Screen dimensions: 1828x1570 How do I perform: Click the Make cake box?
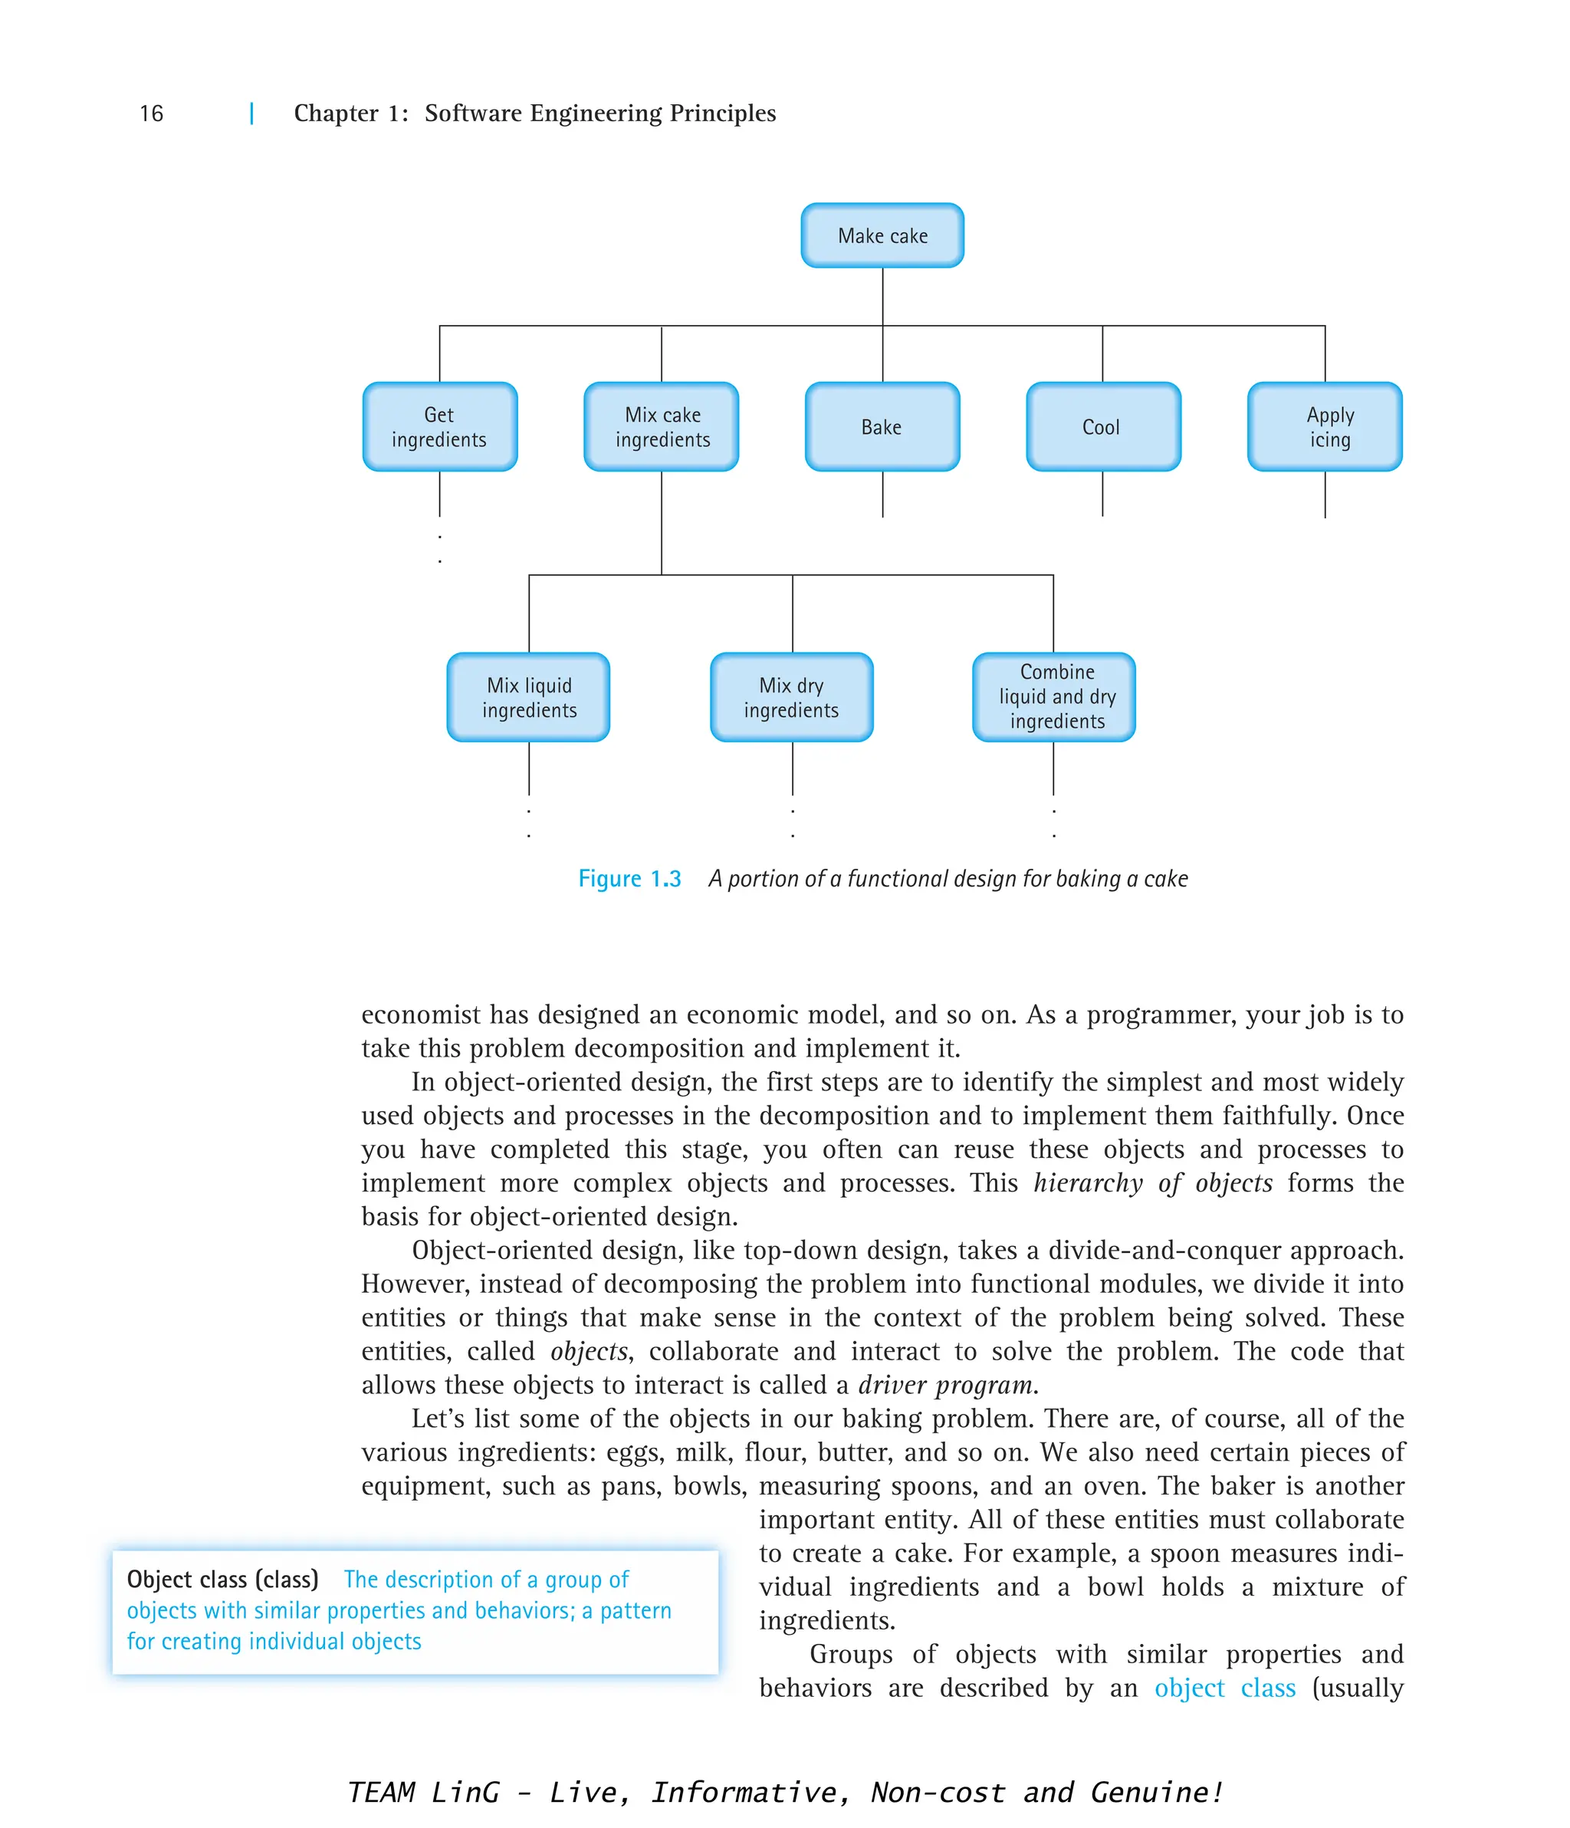(x=882, y=235)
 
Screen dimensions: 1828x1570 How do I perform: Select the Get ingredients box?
(x=439, y=427)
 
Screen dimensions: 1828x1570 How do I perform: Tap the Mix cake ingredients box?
(x=662, y=427)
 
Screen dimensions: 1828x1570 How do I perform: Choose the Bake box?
(x=882, y=427)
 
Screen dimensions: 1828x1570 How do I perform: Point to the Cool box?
(x=1102, y=427)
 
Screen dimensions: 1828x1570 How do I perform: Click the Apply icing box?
(x=1325, y=427)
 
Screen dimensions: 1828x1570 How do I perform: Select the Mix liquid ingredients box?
(x=528, y=697)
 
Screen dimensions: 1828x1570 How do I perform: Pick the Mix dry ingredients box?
(x=791, y=697)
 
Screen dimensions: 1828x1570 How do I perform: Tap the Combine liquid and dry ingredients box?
(x=1053, y=697)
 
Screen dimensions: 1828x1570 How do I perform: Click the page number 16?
(x=152, y=113)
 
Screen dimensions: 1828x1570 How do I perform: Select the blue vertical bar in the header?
(x=252, y=113)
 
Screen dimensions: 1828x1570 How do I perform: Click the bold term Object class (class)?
(x=222, y=1580)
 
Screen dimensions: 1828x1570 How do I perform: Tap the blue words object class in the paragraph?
(x=1224, y=1688)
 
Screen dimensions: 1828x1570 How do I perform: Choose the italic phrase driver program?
(x=947, y=1385)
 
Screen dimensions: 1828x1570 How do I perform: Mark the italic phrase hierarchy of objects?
(x=1153, y=1183)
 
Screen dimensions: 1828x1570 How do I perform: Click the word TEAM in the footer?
(x=381, y=1793)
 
